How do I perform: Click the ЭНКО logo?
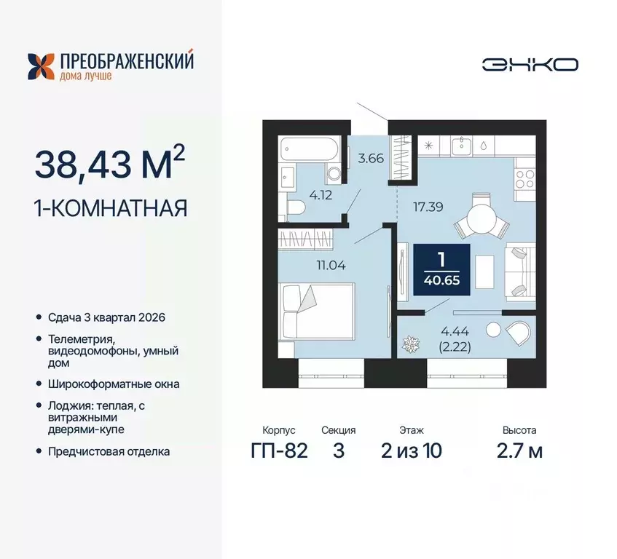coord(530,64)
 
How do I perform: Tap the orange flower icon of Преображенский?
coord(41,66)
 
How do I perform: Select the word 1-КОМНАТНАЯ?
coord(111,208)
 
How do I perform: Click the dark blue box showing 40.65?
coord(441,269)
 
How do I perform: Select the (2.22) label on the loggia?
coord(455,347)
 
